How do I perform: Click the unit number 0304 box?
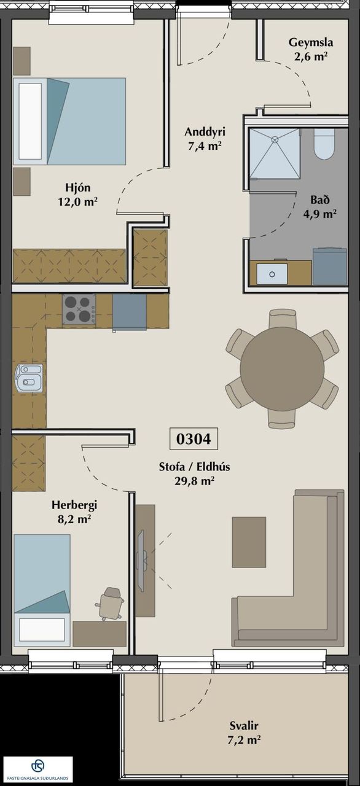tap(194, 438)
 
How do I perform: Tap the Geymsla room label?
tap(310, 42)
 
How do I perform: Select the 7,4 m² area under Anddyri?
tap(205, 146)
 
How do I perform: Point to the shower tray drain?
tap(275, 139)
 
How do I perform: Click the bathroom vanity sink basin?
tap(272, 274)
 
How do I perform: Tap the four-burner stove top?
tap(79, 309)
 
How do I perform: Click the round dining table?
tap(282, 368)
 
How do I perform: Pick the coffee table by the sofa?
tap(249, 542)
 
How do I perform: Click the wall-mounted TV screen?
tap(142, 561)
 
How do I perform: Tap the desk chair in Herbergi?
tap(110, 604)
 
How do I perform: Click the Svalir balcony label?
tap(244, 725)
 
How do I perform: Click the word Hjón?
tap(77, 187)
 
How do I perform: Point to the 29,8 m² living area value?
tap(194, 481)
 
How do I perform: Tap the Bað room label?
tap(319, 200)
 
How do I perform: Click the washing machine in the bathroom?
tap(329, 266)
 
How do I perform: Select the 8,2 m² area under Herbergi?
tap(74, 519)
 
